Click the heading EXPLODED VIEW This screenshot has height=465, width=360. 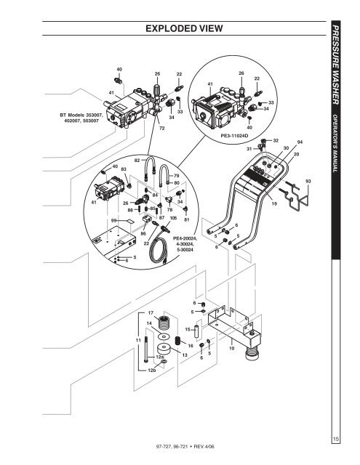click(184, 28)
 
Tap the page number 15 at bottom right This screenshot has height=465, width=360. click(336, 437)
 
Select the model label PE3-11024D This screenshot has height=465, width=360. click(234, 135)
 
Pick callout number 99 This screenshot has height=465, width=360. click(114, 219)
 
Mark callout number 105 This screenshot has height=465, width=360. click(173, 217)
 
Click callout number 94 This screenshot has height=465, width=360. click(300, 142)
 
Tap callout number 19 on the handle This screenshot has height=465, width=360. click(274, 205)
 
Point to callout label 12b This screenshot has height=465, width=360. click(151, 371)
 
